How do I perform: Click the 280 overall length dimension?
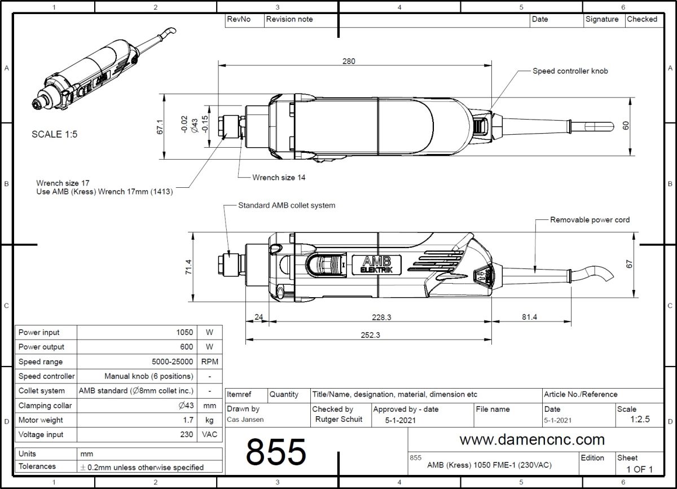tap(349, 61)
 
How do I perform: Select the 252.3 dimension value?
tap(370, 334)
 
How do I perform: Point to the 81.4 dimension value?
tap(529, 318)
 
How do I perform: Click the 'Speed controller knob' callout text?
tap(570, 71)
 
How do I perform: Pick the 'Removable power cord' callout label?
tap(590, 219)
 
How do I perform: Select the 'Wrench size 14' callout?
tap(279, 178)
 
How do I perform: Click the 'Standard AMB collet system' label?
tap(287, 205)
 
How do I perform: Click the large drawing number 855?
tap(276, 451)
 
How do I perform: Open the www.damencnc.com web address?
tap(532, 439)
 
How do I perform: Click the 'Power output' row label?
tap(41, 347)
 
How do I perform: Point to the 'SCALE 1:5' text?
tap(55, 135)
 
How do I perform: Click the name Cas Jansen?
tap(245, 420)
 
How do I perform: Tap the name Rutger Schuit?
tap(338, 419)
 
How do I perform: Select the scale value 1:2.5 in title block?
tap(640, 420)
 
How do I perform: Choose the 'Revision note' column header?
tap(289, 19)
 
